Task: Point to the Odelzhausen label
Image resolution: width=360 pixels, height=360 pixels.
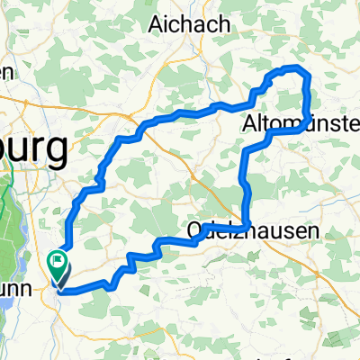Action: coord(253,231)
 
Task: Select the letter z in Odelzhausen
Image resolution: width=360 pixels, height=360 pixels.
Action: coord(232,231)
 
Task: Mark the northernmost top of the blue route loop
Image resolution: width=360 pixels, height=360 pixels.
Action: coord(290,68)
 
